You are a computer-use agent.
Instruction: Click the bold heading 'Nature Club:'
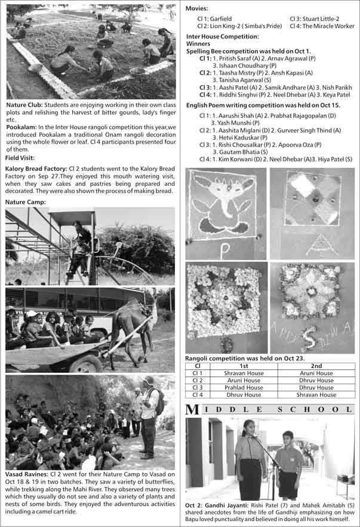coord(23,105)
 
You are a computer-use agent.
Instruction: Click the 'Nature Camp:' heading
coord(24,202)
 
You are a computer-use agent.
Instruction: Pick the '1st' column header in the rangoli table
coord(244,365)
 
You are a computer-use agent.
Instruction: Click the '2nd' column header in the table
coord(316,365)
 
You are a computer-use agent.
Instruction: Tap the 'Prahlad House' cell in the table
coord(244,387)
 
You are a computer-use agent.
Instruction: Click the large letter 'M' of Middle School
coord(192,410)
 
